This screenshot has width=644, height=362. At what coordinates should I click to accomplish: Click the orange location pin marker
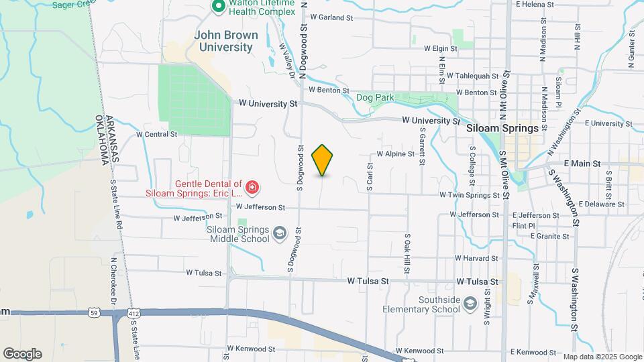coord(323,160)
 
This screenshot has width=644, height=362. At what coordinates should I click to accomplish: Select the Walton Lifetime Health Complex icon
coord(218,7)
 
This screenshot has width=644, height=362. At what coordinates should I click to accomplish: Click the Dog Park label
coord(375,97)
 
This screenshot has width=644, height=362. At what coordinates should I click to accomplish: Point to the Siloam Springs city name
coord(502,128)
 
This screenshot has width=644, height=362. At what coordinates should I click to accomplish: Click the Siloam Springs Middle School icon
coord(279,233)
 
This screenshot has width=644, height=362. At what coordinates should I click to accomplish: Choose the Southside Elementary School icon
coord(470,304)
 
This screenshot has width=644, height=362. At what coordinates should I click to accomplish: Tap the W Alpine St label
coord(396,154)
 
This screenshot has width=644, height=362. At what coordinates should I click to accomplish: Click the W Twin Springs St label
coord(470,194)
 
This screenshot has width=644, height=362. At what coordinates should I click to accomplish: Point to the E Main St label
coord(582,163)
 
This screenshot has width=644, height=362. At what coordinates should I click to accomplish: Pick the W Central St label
coord(156,134)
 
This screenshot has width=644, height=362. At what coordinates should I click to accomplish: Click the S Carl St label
coord(370,176)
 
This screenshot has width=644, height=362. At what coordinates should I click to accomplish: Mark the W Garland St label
coord(331,17)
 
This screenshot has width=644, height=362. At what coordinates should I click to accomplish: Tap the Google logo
coord(22,353)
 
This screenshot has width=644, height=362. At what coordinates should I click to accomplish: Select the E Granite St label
coord(549,236)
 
